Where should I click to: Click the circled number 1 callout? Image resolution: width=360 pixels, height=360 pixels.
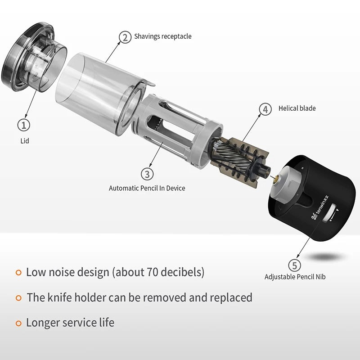click(x=24, y=125)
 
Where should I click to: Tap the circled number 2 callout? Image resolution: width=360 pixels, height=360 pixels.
click(x=125, y=37)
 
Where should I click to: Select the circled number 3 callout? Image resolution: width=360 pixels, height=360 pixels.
click(x=147, y=174)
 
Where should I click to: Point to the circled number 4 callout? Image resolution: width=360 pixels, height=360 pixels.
click(x=265, y=109)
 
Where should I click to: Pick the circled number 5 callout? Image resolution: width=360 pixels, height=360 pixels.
click(x=294, y=265)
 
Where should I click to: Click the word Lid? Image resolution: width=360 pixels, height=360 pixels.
click(x=25, y=141)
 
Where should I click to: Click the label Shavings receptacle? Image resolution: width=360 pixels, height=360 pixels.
click(x=163, y=36)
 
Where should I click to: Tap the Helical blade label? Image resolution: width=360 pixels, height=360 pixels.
click(x=297, y=108)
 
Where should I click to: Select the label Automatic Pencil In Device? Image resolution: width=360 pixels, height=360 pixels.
click(x=147, y=188)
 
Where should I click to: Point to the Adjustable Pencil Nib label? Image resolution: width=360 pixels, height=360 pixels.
click(x=295, y=277)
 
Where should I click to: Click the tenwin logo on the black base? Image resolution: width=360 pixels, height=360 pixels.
click(x=320, y=207)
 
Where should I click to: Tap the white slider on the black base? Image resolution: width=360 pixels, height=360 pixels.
click(x=330, y=213)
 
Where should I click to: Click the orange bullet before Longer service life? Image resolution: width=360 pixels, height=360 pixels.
click(x=18, y=324)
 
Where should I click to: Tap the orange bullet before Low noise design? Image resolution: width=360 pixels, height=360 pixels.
click(x=18, y=273)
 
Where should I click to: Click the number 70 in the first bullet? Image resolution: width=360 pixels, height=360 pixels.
click(x=152, y=272)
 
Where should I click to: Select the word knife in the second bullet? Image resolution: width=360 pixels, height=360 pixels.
click(x=59, y=297)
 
